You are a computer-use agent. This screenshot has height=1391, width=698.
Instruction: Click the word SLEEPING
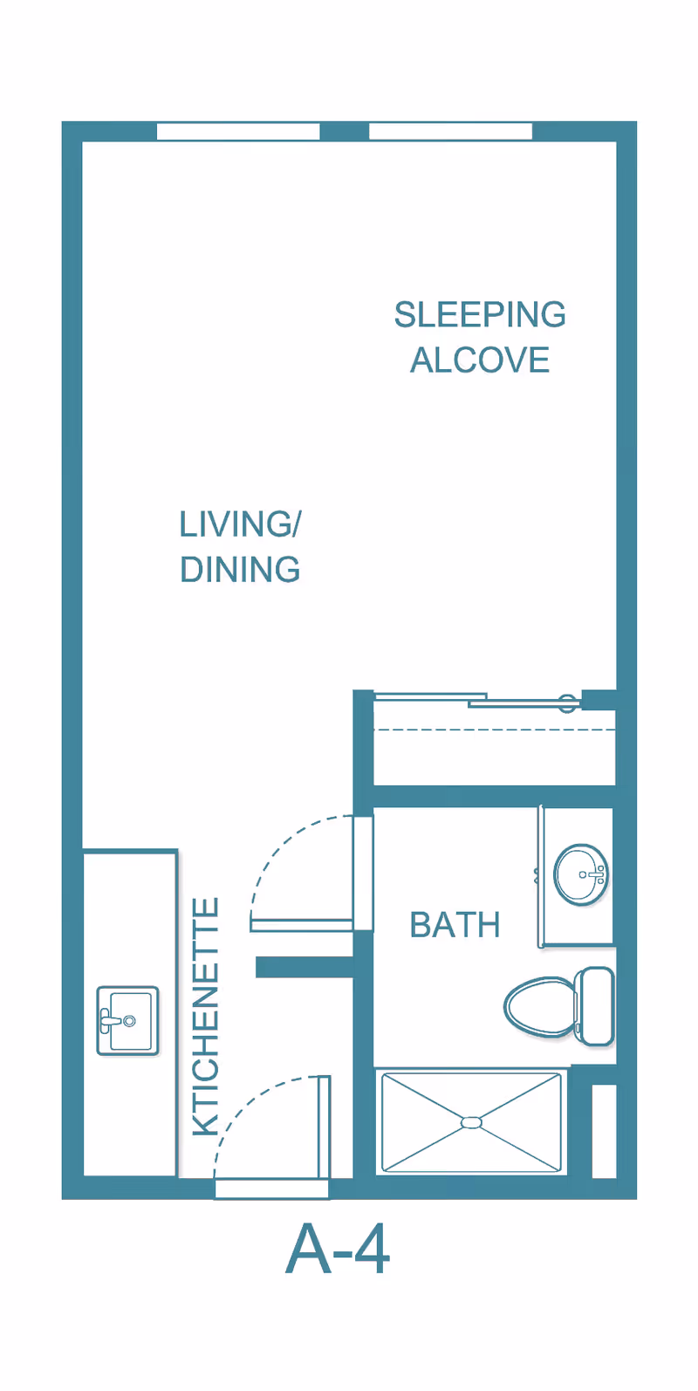pyautogui.click(x=480, y=315)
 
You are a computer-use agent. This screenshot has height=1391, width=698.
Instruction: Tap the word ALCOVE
pyautogui.click(x=480, y=360)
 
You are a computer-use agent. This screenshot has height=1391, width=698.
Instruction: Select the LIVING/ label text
pyautogui.click(x=240, y=524)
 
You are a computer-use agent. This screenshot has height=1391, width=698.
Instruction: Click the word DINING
pyautogui.click(x=240, y=570)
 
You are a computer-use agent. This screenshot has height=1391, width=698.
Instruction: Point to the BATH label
pyautogui.click(x=455, y=925)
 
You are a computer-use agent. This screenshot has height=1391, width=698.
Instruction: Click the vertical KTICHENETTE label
pyautogui.click(x=206, y=1017)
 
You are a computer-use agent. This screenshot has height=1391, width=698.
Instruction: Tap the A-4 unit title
pyautogui.click(x=338, y=1250)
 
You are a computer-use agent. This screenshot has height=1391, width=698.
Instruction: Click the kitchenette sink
pyautogui.click(x=127, y=1020)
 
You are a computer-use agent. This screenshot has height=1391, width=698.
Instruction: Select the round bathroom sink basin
pyautogui.click(x=581, y=874)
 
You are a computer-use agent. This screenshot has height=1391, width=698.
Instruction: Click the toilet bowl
pyautogui.click(x=539, y=1006)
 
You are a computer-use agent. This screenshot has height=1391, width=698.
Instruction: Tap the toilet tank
pyautogui.click(x=596, y=1005)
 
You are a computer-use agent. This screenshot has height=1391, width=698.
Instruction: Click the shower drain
pyautogui.click(x=471, y=1122)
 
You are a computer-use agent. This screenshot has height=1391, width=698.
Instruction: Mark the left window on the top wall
pyautogui.click(x=238, y=132)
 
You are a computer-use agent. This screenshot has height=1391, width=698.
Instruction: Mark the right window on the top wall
pyautogui.click(x=450, y=132)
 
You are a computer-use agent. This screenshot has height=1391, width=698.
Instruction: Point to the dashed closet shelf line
pyautogui.click(x=494, y=729)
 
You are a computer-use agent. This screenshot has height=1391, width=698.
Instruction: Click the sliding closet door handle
pyautogui.click(x=568, y=702)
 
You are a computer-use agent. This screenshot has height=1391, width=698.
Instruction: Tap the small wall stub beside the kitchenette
pyautogui.click(x=304, y=967)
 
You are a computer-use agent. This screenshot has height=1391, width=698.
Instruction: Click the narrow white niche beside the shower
pyautogui.click(x=604, y=1130)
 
